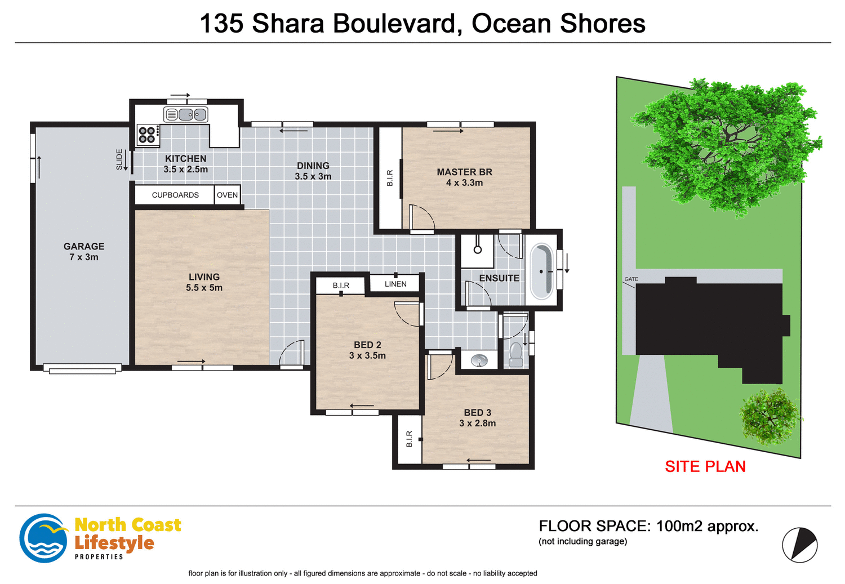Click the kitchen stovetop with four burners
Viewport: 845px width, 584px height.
148,135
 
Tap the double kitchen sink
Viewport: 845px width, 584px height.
185,115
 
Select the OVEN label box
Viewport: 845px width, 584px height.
228,195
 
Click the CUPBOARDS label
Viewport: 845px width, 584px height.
175,195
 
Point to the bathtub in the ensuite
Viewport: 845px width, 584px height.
542,271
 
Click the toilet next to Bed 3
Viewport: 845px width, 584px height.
515,354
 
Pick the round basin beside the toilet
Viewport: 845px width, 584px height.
479,360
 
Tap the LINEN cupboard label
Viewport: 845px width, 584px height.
395,284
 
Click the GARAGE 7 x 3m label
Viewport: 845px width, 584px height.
84,252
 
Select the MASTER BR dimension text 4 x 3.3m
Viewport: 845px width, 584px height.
464,183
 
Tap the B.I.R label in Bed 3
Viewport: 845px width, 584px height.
410,439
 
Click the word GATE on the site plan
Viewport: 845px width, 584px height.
631,279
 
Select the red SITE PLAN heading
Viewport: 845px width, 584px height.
705,466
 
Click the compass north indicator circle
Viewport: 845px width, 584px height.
799,545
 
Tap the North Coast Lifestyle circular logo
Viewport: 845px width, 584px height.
43,538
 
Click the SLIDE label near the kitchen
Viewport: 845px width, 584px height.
119,159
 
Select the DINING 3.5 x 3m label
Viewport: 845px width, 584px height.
313,171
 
